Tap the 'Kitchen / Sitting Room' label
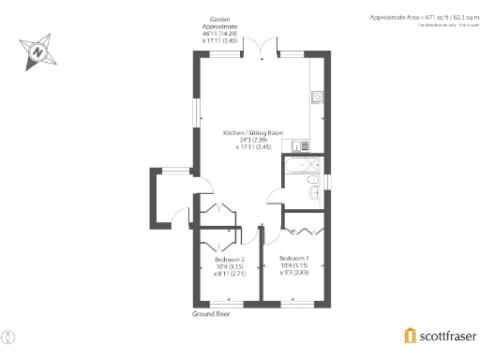[x=253, y=133]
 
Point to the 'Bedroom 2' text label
[x=230, y=259]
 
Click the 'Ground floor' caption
[x=211, y=314]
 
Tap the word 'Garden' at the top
[x=220, y=18]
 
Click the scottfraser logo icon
[x=410, y=336]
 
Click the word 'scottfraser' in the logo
[x=446, y=336]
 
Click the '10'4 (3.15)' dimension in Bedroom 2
[x=230, y=266]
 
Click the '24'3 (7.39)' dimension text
[x=253, y=141]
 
